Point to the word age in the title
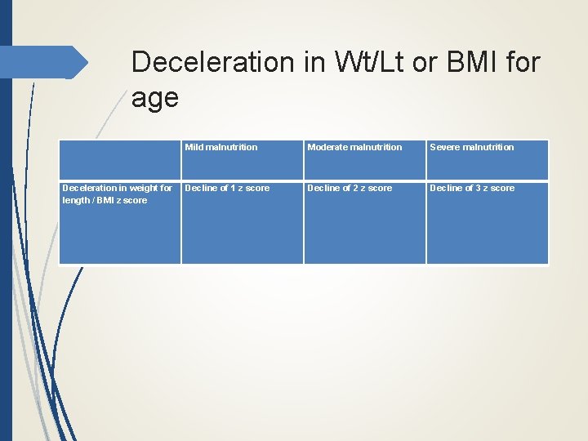tap(154, 98)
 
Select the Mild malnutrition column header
tap(220, 147)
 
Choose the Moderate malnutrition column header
tap(354, 147)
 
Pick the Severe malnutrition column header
tap(472, 147)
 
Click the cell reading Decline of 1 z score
tap(227, 188)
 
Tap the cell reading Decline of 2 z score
tap(350, 188)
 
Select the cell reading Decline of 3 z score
tap(472, 188)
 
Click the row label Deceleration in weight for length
tap(118, 194)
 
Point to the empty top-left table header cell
tap(120, 159)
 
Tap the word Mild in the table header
tap(194, 147)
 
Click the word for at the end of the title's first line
tap(522, 62)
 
